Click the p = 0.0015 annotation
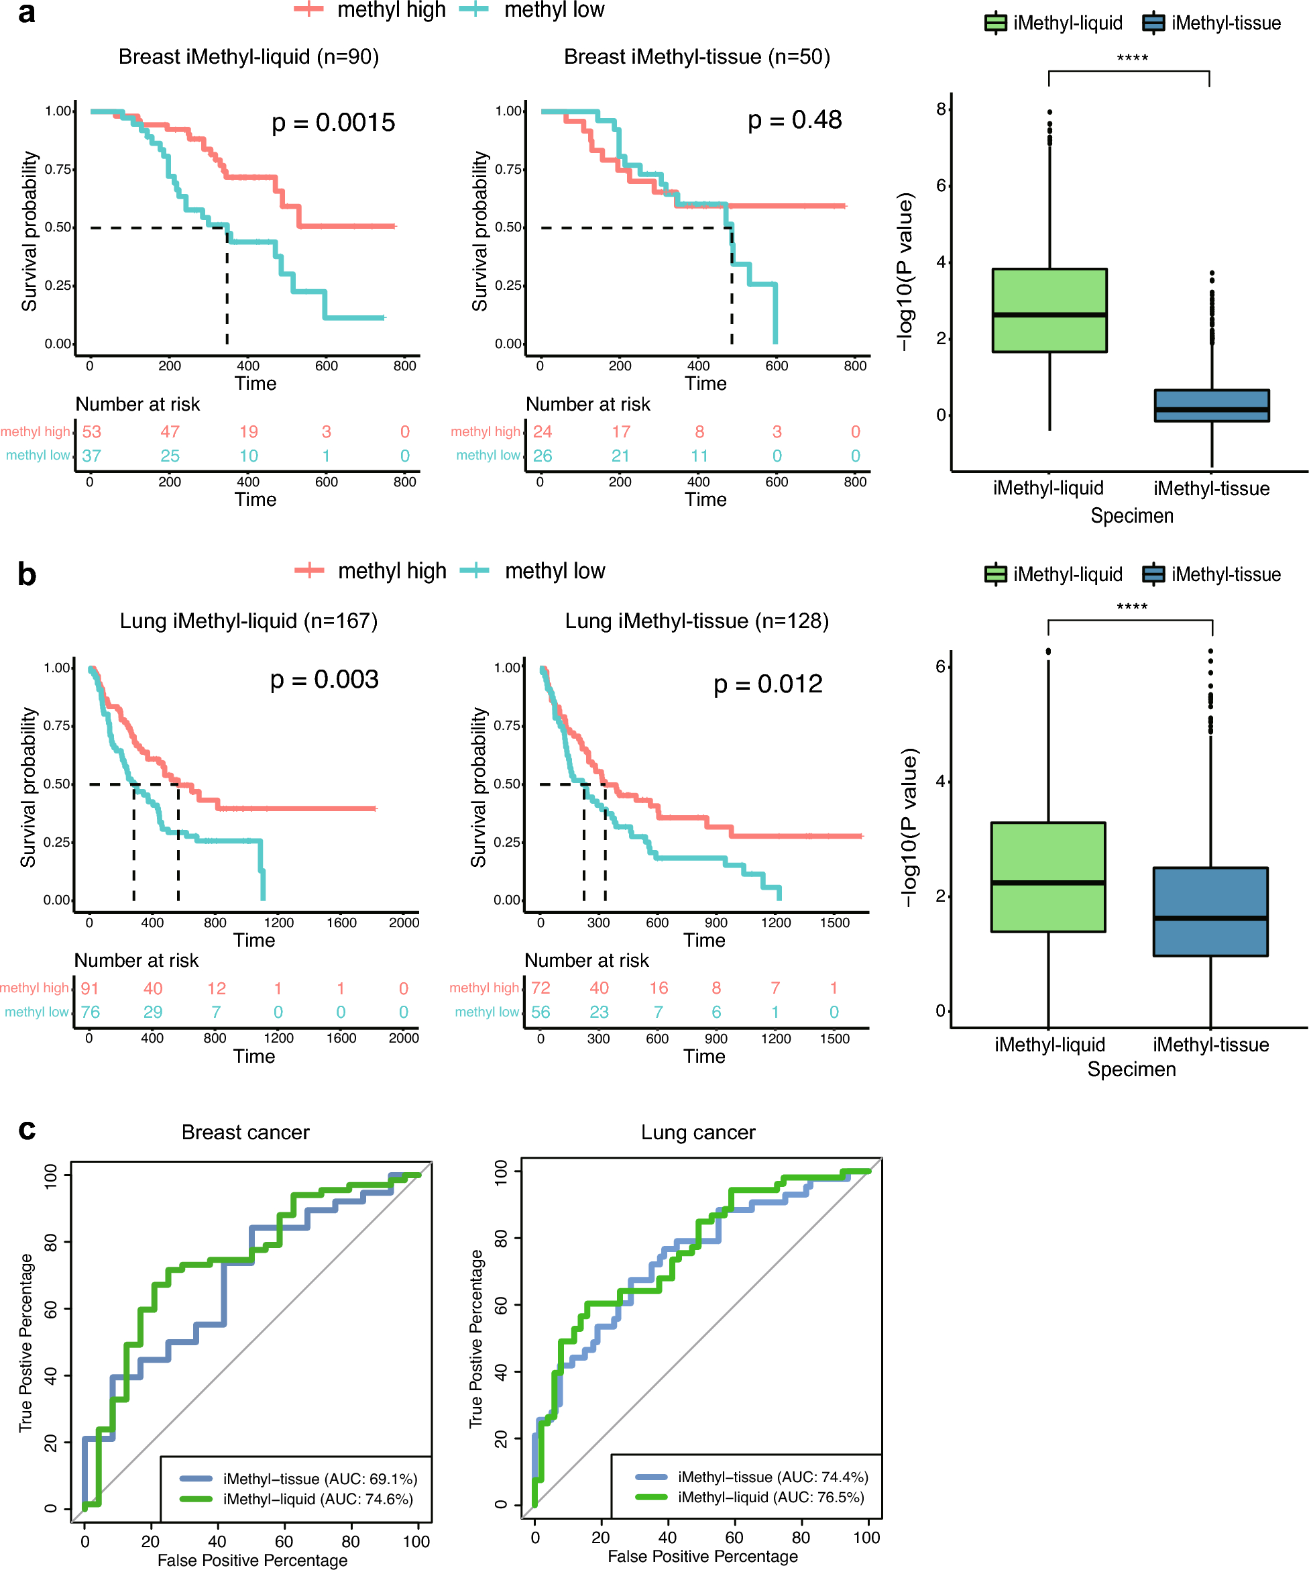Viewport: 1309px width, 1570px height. [x=333, y=123]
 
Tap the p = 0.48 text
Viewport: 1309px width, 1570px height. [x=794, y=119]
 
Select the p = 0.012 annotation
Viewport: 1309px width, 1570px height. [x=767, y=683]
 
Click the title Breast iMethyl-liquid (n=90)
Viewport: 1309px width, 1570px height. [x=249, y=57]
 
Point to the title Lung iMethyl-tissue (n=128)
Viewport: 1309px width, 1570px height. [x=696, y=621]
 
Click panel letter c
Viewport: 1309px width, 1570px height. [x=27, y=1130]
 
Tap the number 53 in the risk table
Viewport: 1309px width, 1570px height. [x=91, y=431]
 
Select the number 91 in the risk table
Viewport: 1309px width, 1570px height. [x=90, y=988]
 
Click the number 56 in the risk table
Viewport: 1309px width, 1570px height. [x=540, y=1012]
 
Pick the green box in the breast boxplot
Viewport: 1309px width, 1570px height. [x=1049, y=310]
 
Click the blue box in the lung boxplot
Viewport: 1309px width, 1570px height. [x=1210, y=911]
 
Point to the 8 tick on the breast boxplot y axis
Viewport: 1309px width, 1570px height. [x=942, y=109]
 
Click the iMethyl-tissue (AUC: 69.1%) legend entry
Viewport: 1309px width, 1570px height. [x=319, y=1479]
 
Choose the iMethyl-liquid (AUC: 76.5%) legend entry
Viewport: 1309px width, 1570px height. [x=771, y=1498]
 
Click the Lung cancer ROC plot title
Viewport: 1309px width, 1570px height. [x=698, y=1133]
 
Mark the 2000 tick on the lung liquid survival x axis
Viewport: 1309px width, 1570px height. [x=404, y=923]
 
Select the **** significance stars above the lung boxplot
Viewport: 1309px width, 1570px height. [x=1131, y=607]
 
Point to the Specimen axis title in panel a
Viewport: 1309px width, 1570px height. [x=1131, y=516]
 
